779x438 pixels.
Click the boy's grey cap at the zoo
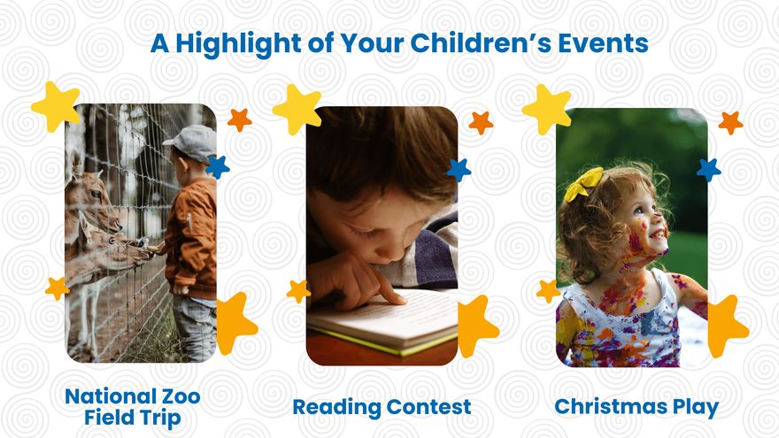click(x=193, y=139)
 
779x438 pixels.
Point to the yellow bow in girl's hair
click(x=584, y=183)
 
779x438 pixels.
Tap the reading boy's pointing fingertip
click(x=397, y=300)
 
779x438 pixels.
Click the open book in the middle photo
click(x=381, y=323)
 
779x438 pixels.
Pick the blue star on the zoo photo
click(x=217, y=165)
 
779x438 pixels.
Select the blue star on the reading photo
click(x=459, y=169)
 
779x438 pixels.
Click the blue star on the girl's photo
click(x=708, y=169)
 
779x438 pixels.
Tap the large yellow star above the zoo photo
click(x=56, y=105)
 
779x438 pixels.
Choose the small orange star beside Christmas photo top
click(x=730, y=122)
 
